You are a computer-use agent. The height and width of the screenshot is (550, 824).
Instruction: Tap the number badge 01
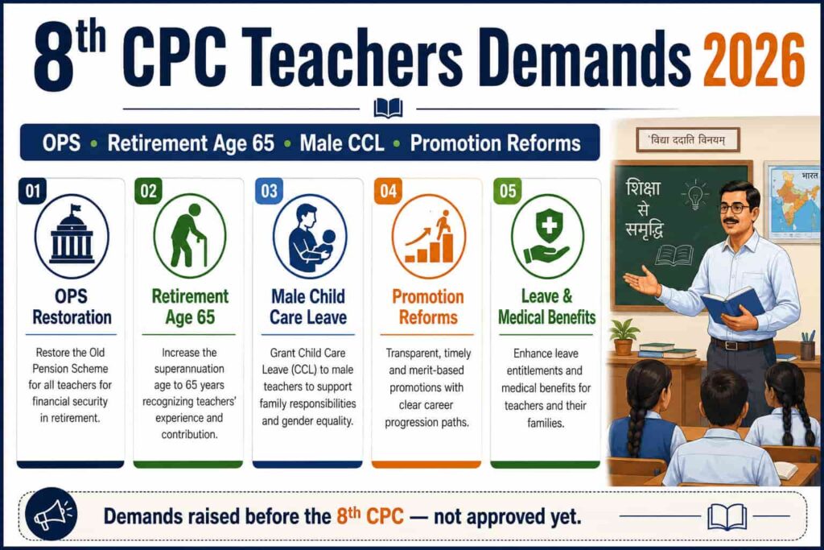(32, 190)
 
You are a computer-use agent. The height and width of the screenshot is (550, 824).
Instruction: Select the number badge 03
(269, 190)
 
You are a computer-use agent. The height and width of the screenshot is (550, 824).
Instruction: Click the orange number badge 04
(389, 190)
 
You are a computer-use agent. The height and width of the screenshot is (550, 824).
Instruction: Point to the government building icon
(72, 236)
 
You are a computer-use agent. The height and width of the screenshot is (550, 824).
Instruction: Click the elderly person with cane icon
(190, 236)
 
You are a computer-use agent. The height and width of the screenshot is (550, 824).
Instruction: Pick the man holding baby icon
(310, 236)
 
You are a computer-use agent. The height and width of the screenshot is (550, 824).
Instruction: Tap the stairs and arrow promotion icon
(429, 236)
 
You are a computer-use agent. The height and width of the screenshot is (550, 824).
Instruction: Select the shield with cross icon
(547, 236)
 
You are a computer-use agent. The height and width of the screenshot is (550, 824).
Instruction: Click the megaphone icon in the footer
(51, 515)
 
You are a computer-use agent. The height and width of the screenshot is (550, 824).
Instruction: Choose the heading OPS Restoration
(72, 307)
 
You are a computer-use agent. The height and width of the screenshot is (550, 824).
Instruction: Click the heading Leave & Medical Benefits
(547, 307)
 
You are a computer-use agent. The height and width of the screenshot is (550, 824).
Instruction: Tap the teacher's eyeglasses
(735, 207)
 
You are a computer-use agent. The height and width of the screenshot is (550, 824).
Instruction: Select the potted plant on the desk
(624, 337)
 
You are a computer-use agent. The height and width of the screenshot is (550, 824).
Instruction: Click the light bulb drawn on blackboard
(694, 194)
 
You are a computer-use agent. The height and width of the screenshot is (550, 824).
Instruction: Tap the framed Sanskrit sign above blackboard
(687, 140)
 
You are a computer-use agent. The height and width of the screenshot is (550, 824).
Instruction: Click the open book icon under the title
(388, 109)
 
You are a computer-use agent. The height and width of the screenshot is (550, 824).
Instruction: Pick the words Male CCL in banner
(341, 143)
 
